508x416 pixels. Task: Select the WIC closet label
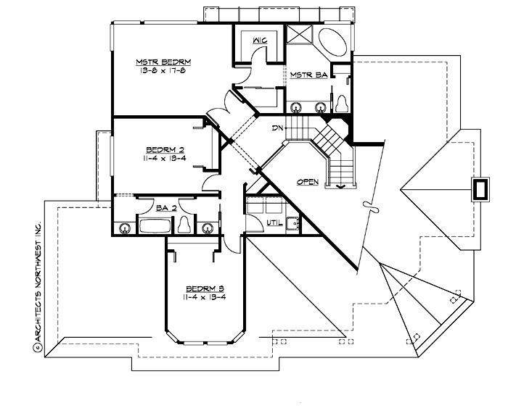pyautogui.click(x=259, y=41)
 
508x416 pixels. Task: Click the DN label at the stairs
pyautogui.click(x=276, y=128)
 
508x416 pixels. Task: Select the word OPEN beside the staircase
pyautogui.click(x=308, y=182)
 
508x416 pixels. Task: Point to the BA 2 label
pyautogui.click(x=166, y=207)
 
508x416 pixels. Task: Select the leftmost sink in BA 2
pyautogui.click(x=125, y=228)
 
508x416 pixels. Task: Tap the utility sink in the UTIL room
pyautogui.click(x=293, y=224)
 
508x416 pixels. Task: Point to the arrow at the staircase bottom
pyautogui.click(x=341, y=186)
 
